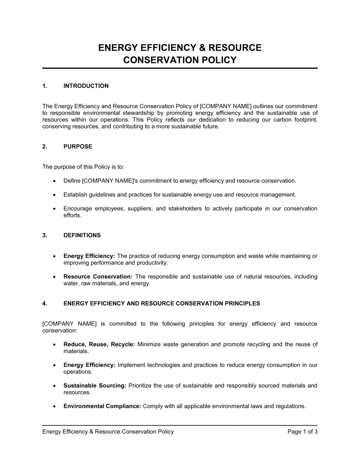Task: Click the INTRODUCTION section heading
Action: click(86, 86)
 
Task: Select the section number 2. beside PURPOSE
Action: click(45, 147)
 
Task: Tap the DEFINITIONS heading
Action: click(82, 236)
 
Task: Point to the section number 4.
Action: click(45, 304)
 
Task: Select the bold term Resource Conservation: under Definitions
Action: click(98, 277)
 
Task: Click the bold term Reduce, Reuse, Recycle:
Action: click(99, 345)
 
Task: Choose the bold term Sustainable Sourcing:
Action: click(95, 386)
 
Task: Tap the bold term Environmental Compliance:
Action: click(102, 406)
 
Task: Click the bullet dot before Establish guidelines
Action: click(54, 195)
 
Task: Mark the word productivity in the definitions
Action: click(152, 263)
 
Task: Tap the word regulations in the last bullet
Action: click(290, 406)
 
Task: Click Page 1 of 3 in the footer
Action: click(302, 432)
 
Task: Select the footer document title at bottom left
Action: click(108, 432)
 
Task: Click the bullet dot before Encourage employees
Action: click(54, 209)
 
